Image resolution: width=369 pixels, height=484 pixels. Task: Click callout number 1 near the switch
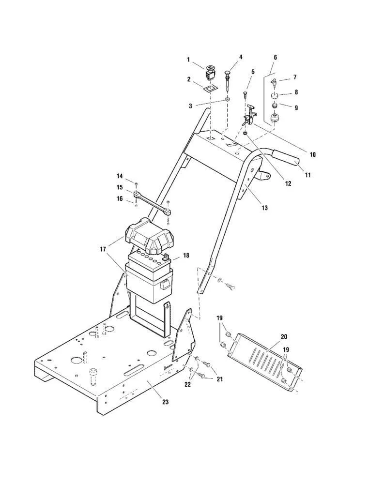189,60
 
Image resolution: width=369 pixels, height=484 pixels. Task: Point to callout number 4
241,57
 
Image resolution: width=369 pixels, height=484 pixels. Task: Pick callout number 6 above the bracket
275,57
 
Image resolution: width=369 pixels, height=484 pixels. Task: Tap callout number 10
312,155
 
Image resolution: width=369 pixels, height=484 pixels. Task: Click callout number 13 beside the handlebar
264,208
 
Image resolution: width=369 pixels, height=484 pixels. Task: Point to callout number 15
120,187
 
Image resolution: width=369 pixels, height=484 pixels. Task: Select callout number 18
185,255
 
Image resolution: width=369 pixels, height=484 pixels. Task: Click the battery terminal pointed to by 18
165,256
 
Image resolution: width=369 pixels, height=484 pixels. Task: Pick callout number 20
284,336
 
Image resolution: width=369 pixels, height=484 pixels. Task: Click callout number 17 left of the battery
103,250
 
